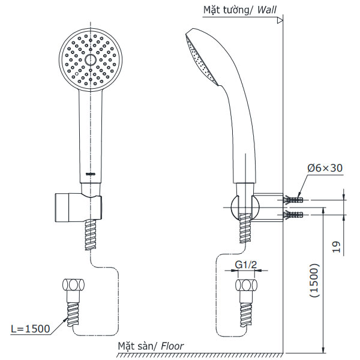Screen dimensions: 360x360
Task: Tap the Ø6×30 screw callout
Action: pos(325,169)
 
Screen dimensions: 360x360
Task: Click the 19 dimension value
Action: pos(336,247)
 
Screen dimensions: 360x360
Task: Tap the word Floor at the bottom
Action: pos(171,346)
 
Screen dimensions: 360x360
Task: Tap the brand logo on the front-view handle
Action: pos(90,175)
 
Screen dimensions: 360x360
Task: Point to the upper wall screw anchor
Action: pos(295,199)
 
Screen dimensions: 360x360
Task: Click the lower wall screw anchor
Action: pos(295,213)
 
